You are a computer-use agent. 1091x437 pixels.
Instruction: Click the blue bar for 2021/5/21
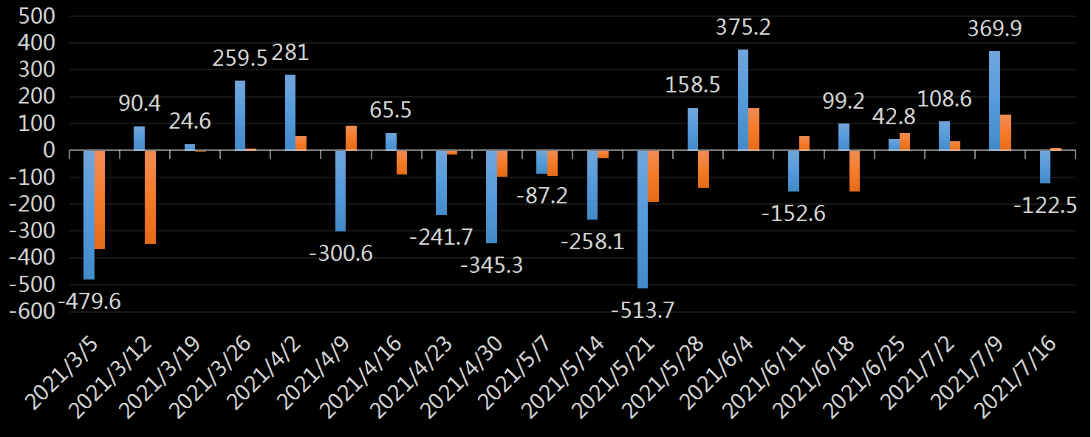tap(643, 219)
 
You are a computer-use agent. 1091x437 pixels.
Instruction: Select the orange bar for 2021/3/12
tap(150, 197)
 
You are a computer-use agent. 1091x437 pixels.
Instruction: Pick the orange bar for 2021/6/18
tap(855, 171)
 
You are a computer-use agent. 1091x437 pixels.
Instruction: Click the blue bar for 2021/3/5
tap(89, 214)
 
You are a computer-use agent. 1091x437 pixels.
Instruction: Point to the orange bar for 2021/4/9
tap(352, 138)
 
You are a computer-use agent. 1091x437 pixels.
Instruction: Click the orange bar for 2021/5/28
tap(703, 169)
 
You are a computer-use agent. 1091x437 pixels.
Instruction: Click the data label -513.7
tap(643, 310)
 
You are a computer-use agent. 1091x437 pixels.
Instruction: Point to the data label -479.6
tap(89, 302)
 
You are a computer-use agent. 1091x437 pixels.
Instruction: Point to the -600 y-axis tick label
tap(32, 311)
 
